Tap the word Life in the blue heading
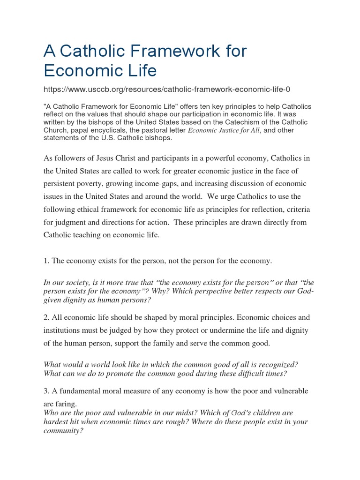[140, 70]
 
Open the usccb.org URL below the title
[170, 89]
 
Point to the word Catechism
[251, 122]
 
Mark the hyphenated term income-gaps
[141, 184]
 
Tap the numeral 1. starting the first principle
[46, 261]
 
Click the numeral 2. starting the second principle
[46, 318]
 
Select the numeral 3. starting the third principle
[46, 391]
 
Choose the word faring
[67, 404]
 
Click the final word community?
[63, 430]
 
